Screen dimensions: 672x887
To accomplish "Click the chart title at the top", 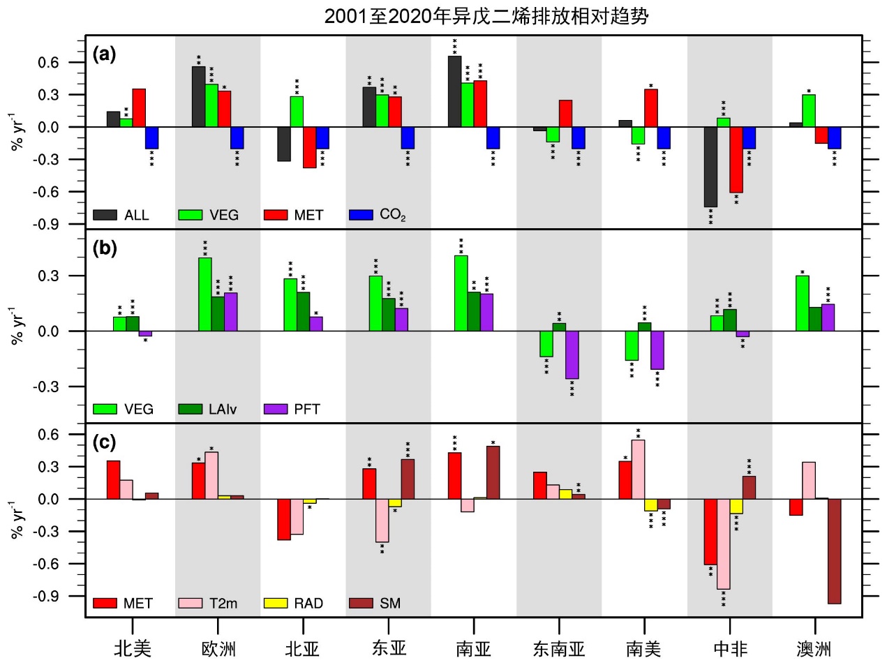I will pos(486,15).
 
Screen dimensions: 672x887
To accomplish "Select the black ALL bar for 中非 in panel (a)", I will pos(710,166).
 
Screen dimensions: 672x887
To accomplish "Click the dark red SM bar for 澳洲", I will pos(834,551).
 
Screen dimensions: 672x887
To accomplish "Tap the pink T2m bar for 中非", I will pos(723,544).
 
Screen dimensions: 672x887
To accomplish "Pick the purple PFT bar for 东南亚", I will pos(572,354).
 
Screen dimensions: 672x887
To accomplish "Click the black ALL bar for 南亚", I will pos(454,91).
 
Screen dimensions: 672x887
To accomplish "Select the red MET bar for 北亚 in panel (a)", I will pos(309,147).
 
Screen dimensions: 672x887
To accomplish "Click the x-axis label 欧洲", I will pos(218,649).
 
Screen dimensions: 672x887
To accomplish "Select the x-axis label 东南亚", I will pos(559,649).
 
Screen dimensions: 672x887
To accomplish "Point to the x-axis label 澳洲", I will pos(814,649).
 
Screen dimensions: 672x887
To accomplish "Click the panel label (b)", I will pos(105,248).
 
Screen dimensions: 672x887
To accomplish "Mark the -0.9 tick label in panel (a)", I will pos(48,224).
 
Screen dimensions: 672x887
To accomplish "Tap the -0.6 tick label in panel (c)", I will pos(48,564).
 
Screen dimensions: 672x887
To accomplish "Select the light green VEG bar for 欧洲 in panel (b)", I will pos(205,294).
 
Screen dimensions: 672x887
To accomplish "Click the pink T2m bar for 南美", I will pos(638,469).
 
